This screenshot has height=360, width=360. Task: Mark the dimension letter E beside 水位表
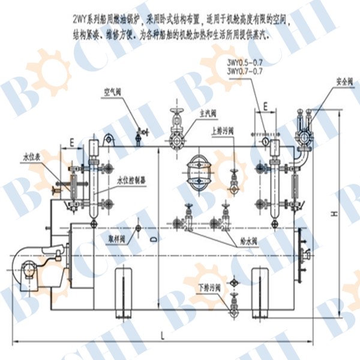(x=72, y=143)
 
